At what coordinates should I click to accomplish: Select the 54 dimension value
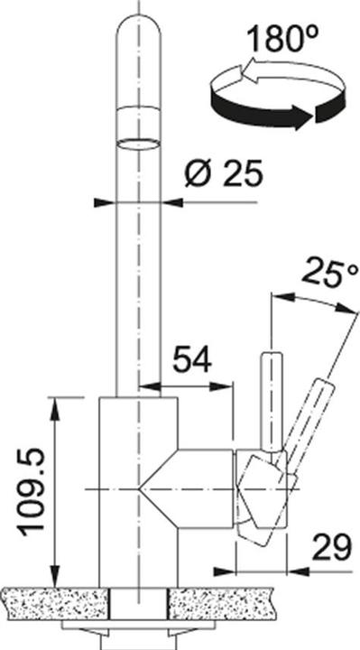pyautogui.click(x=191, y=360)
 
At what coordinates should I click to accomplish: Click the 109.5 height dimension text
pyautogui.click(x=30, y=491)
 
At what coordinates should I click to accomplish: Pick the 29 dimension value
pyautogui.click(x=330, y=545)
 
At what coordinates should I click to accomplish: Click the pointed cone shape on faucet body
pyautogui.click(x=162, y=487)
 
